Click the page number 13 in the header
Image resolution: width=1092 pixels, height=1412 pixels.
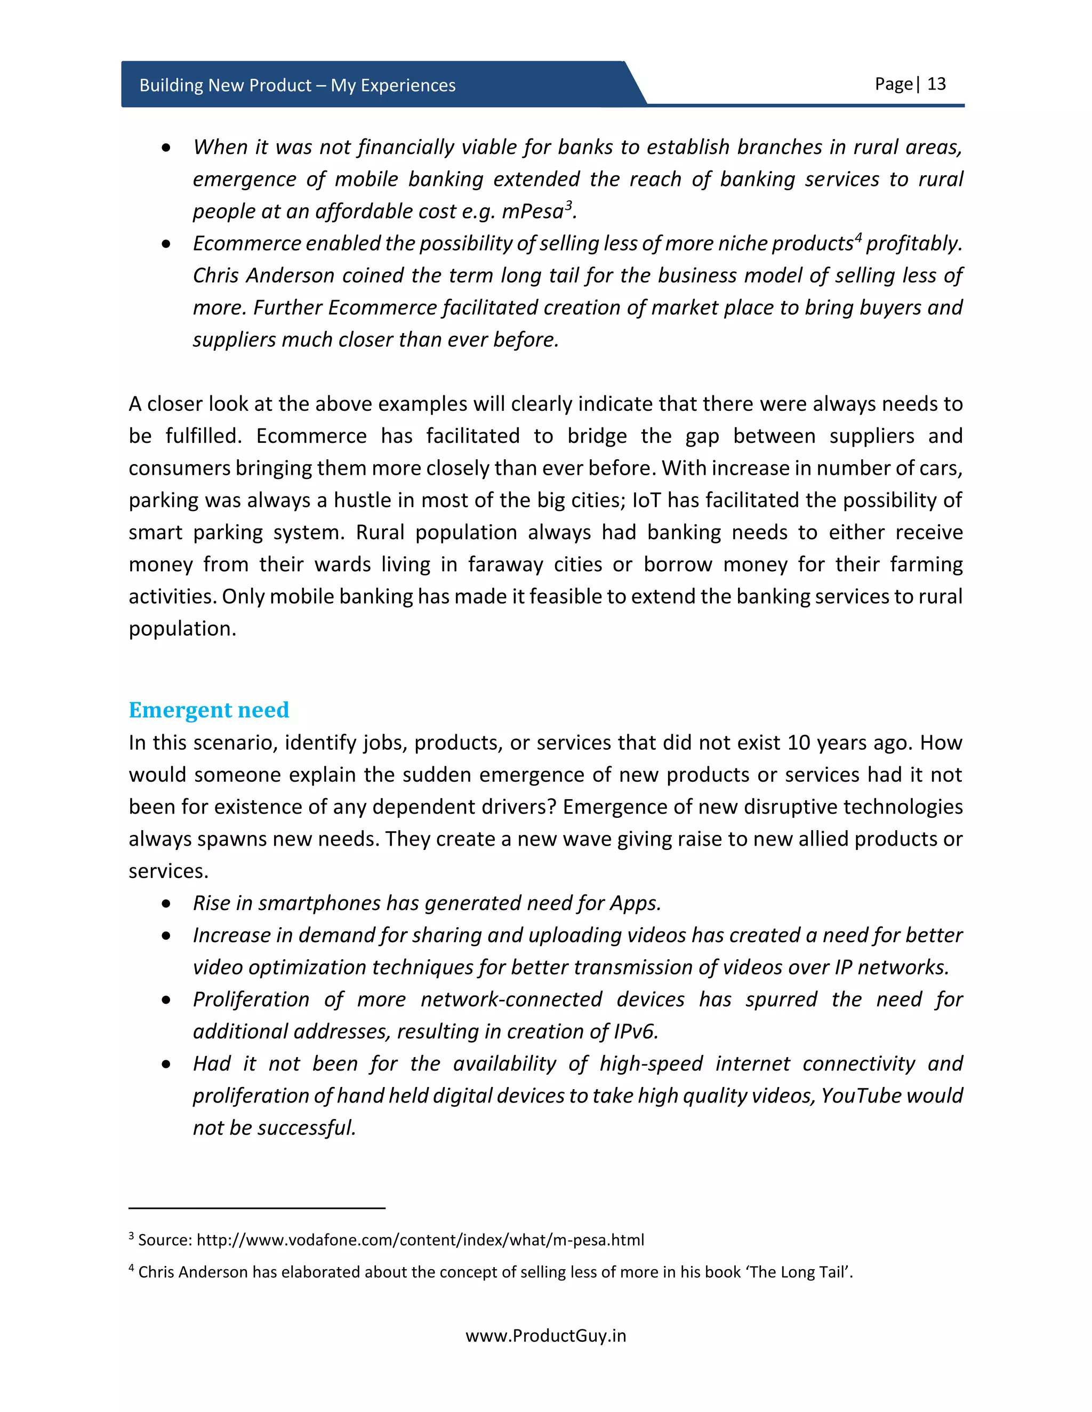(936, 84)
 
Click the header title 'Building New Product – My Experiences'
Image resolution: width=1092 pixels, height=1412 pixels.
(297, 85)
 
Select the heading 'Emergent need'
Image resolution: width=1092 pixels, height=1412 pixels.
(208, 710)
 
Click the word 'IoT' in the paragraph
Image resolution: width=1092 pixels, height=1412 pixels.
(646, 500)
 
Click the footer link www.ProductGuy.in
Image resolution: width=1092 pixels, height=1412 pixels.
(545, 1336)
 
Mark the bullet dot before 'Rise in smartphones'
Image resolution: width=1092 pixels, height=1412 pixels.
(167, 904)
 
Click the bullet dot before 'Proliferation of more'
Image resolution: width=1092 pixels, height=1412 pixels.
(167, 1000)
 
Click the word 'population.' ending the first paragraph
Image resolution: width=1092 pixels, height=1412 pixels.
(182, 628)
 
